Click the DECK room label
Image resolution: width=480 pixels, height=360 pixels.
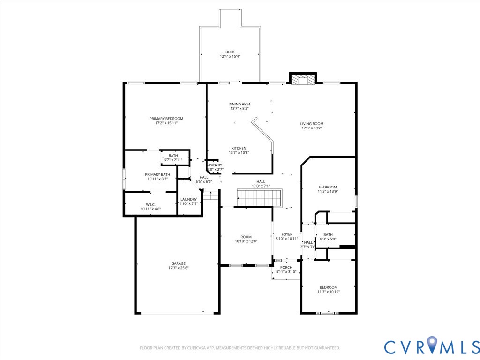point(230,52)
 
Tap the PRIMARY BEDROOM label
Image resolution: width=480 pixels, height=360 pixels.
point(166,119)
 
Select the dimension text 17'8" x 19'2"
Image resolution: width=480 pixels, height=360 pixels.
point(312,128)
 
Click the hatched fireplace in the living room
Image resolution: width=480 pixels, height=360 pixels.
point(303,81)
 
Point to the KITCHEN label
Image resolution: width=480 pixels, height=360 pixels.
point(239,148)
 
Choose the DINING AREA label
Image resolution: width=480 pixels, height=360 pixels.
point(240,104)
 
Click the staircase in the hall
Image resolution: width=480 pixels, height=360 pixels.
point(259,197)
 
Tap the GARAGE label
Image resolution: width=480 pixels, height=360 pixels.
point(178,263)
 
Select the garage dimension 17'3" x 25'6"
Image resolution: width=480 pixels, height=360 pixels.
point(178,268)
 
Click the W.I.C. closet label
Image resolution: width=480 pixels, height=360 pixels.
point(150,204)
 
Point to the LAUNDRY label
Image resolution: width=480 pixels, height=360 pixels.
point(189,199)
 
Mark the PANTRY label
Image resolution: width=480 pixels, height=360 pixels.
point(216,165)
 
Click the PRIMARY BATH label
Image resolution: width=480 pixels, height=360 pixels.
point(157,174)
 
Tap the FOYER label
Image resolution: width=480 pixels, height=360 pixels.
point(287,234)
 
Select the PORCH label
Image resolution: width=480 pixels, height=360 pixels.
point(286,267)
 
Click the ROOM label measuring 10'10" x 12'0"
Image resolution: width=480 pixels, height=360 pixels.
point(246,237)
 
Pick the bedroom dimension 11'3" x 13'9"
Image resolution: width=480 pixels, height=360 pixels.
point(328,191)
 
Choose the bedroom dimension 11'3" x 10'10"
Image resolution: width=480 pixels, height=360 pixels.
point(329,292)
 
